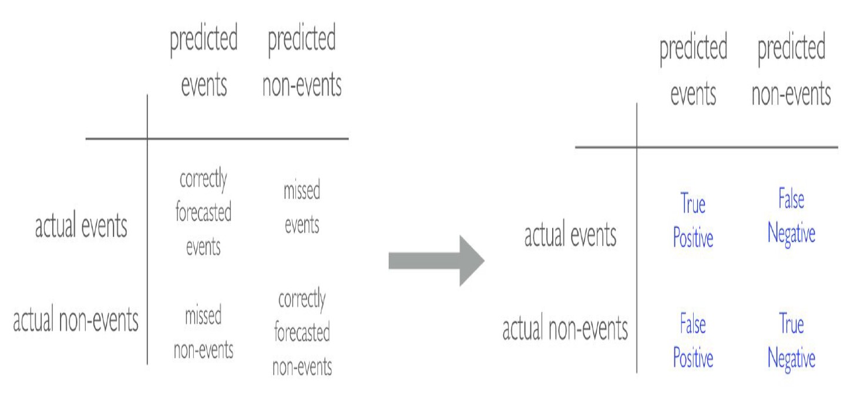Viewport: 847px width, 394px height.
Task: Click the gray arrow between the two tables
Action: [x=436, y=261]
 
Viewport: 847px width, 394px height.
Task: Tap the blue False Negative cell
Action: [x=791, y=216]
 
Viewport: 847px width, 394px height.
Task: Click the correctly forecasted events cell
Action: [x=203, y=212]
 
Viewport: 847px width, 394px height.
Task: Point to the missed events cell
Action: [x=302, y=207]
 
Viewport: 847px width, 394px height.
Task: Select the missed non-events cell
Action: [x=203, y=332]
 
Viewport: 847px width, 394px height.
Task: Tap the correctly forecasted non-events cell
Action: [x=302, y=332]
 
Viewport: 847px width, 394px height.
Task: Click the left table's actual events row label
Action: [x=81, y=226]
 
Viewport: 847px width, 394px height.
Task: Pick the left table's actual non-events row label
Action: [x=76, y=320]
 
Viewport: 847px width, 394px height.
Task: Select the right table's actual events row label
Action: [x=570, y=235]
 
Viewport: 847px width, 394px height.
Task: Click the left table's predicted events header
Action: [x=203, y=60]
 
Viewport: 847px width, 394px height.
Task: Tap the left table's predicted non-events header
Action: [x=302, y=60]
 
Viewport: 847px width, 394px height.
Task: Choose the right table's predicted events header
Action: [x=693, y=69]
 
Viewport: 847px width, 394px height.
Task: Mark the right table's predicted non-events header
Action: [x=791, y=69]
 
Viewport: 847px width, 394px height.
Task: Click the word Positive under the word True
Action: [x=693, y=238]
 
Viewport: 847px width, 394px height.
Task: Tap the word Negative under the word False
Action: [x=791, y=234]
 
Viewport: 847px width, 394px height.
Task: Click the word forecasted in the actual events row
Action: [x=203, y=212]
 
